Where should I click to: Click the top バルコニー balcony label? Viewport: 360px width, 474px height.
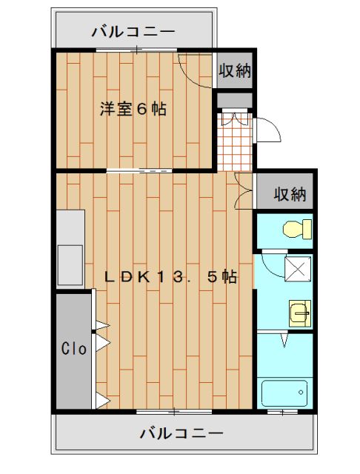(x=133, y=32)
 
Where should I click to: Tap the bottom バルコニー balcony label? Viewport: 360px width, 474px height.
(x=181, y=432)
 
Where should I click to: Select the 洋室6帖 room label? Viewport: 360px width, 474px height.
(x=133, y=109)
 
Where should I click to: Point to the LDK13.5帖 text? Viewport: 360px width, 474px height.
(x=170, y=277)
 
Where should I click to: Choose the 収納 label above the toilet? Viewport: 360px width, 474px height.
(x=290, y=194)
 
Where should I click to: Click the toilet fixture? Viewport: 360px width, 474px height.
(x=297, y=230)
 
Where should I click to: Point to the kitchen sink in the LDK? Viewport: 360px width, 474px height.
(x=71, y=259)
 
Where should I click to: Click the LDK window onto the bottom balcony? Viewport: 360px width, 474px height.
(x=170, y=410)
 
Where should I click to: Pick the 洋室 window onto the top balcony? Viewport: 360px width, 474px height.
(x=137, y=50)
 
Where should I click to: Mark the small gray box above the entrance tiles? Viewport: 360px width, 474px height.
(x=236, y=101)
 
